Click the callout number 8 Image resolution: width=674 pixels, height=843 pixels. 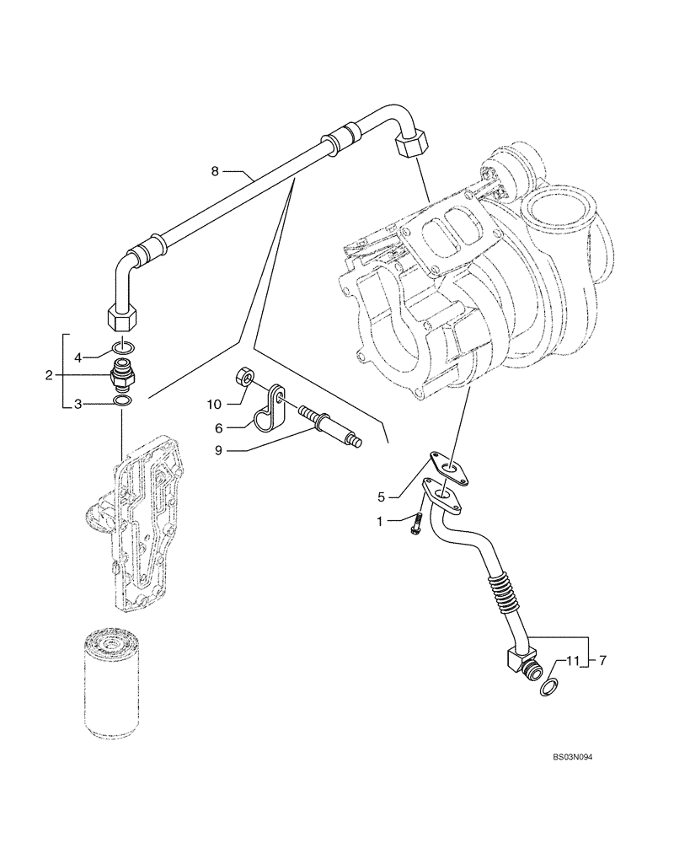click(x=215, y=172)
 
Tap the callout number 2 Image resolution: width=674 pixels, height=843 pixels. click(x=49, y=374)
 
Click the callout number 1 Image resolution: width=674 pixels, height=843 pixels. click(x=381, y=523)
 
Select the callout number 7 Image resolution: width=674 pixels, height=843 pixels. click(x=602, y=661)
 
